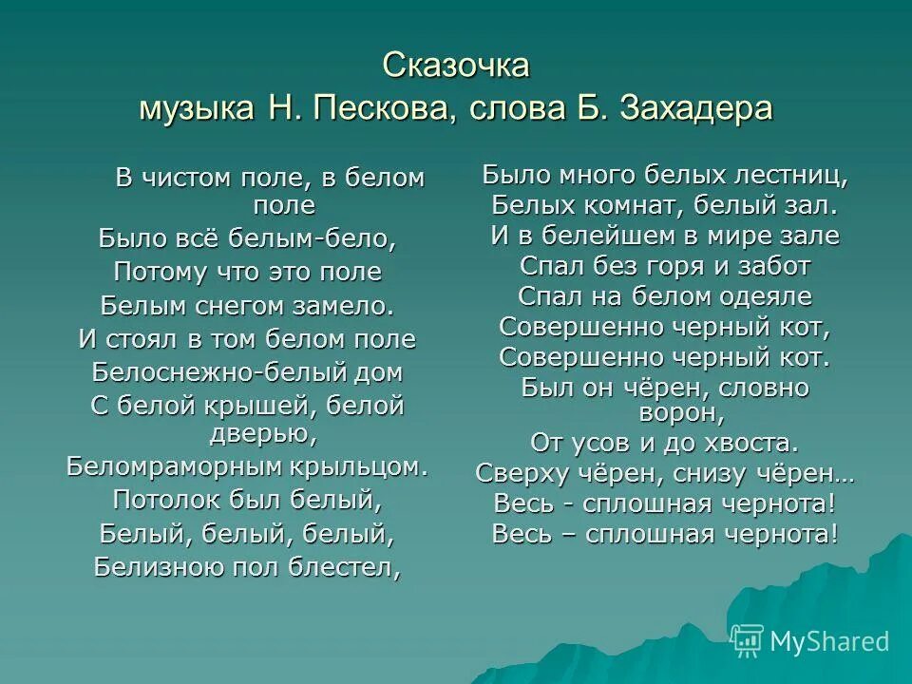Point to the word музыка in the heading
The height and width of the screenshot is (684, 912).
pyautogui.click(x=196, y=107)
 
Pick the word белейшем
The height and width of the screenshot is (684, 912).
pyautogui.click(x=590, y=236)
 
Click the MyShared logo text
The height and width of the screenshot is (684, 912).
pyautogui.click(x=829, y=641)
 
